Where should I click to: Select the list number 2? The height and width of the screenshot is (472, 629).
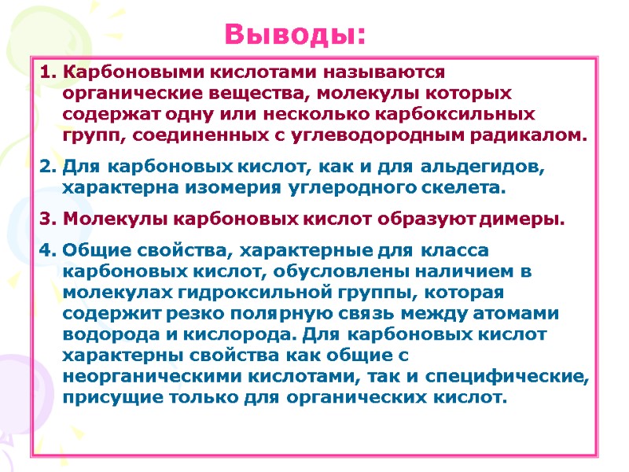[x=46, y=168]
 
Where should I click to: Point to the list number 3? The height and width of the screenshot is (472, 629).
[x=46, y=218]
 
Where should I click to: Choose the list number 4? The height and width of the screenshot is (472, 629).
[x=46, y=251]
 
